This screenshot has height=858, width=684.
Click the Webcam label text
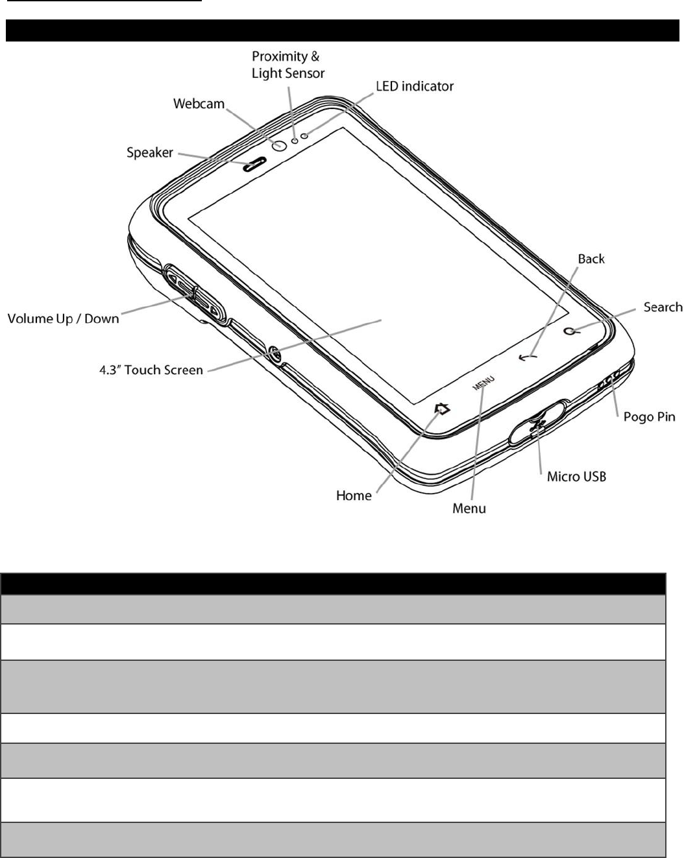[199, 104]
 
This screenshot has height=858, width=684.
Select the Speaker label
[150, 153]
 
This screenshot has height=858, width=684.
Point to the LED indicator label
[415, 86]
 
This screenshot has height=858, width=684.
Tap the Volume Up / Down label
[64, 318]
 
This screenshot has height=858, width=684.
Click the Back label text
[591, 259]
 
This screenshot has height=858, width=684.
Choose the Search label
[663, 307]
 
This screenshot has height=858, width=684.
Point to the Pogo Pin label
[649, 416]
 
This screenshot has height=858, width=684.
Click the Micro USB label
[576, 477]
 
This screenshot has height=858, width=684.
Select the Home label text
[354, 496]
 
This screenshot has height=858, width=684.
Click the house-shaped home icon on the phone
[443, 409]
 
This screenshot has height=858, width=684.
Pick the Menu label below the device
[469, 509]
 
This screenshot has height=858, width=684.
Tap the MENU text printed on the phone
[483, 383]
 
